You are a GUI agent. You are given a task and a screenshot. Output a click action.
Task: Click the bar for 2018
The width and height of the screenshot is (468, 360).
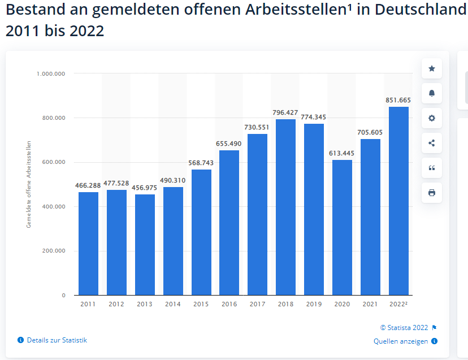tap(285, 207)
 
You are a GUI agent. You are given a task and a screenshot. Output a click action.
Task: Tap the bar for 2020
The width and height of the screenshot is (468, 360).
tap(342, 227)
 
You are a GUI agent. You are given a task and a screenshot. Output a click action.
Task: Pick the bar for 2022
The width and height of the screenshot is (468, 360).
tap(398, 201)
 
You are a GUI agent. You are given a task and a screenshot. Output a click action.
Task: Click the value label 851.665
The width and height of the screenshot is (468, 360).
tap(398, 100)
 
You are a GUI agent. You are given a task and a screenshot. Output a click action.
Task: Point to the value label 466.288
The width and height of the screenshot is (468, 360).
tap(88, 185)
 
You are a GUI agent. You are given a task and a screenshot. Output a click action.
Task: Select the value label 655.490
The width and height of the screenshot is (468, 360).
tap(229, 144)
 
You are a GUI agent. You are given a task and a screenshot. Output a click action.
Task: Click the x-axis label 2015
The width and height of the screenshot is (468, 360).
tap(201, 304)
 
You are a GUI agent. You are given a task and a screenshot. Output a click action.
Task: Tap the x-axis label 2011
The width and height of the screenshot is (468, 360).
tap(88, 304)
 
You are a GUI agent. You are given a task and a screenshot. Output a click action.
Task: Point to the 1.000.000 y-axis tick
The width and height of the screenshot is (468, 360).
tap(51, 73)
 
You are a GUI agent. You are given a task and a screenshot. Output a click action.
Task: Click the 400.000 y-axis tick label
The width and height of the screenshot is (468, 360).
tap(53, 206)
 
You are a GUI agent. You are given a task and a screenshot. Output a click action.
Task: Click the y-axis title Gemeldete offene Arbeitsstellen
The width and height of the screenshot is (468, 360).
tap(29, 184)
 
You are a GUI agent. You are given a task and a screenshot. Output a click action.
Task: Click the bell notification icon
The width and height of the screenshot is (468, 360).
tap(432, 93)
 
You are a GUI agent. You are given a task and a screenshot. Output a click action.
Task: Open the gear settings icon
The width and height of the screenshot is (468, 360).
tap(432, 118)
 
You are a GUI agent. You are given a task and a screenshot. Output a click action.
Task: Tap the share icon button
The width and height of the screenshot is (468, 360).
tap(432, 143)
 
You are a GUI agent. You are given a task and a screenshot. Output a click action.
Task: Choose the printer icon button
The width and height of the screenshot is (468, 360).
tap(432, 193)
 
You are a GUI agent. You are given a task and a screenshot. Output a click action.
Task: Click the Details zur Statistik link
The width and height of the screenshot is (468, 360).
tap(57, 340)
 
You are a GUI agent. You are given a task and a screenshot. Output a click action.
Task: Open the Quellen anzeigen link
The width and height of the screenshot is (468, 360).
tap(401, 341)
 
